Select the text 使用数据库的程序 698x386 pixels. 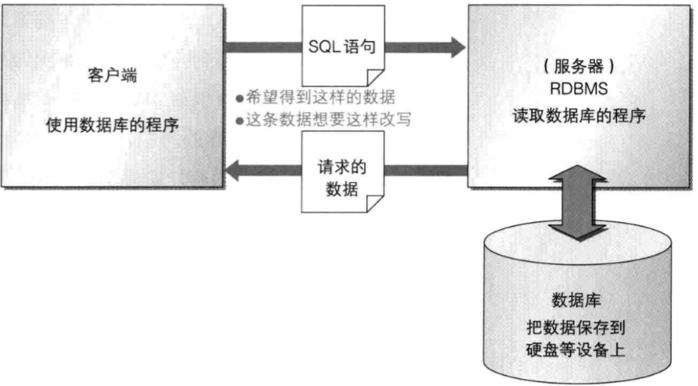click(x=113, y=125)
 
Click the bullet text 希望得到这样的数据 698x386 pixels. click(x=321, y=98)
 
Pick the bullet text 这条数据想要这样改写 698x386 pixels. click(x=328, y=120)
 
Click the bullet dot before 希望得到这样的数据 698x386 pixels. click(x=239, y=98)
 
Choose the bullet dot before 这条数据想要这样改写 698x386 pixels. click(x=239, y=120)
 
